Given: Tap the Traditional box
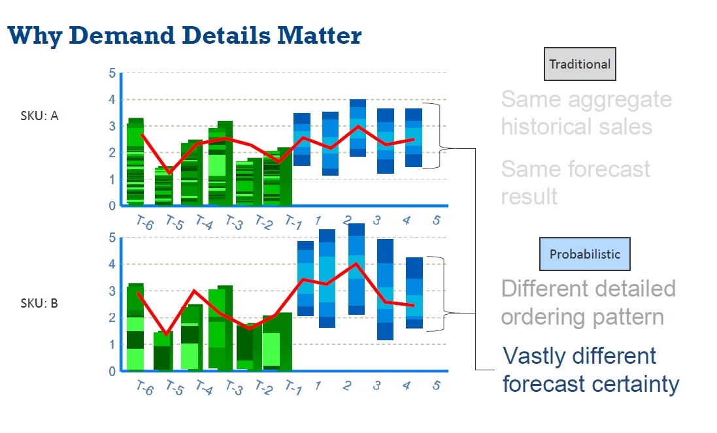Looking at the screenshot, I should tap(580, 64).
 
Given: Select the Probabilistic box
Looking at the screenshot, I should tap(585, 254).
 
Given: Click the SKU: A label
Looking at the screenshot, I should tap(40, 116).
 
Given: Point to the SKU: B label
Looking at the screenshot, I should tap(40, 304).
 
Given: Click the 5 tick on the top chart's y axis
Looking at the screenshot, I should tap(112, 73).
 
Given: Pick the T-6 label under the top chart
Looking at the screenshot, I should tap(144, 223).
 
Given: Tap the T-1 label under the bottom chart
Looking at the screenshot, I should tap(293, 389).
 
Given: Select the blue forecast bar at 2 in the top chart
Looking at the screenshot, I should tap(358, 128).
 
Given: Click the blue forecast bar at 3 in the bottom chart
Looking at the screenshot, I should tap(386, 289).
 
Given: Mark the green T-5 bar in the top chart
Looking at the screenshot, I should tap(165, 187).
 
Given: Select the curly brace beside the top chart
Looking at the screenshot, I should tap(445, 136).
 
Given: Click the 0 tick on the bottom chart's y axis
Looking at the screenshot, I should tap(112, 371).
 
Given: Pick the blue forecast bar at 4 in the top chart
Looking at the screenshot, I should tap(414, 138).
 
